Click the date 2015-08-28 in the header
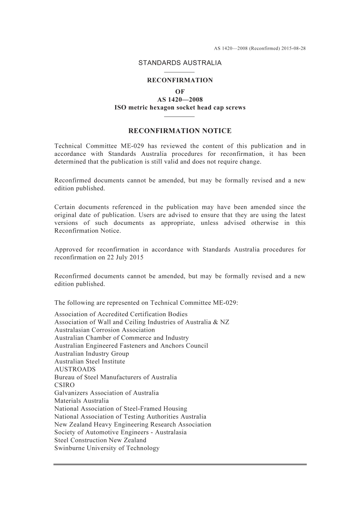[x=293, y=49]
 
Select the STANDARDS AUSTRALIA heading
[x=180, y=63]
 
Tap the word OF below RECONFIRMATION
[x=180, y=92]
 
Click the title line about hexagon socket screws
[x=180, y=108]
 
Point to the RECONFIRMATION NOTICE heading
[x=180, y=131]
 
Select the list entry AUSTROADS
[x=75, y=369]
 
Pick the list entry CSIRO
[x=64, y=385]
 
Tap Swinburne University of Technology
[x=107, y=448]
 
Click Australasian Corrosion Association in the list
[x=105, y=330]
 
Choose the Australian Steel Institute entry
[x=90, y=361]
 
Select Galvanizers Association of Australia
[x=106, y=393]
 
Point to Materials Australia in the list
[x=81, y=401]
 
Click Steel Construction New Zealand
[x=100, y=440]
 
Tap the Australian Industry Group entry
[x=92, y=353]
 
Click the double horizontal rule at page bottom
[x=180, y=464]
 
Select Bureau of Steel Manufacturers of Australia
[x=116, y=377]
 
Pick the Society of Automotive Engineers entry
[x=121, y=432]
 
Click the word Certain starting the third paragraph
[x=65, y=207]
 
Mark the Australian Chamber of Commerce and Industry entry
[x=122, y=338]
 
